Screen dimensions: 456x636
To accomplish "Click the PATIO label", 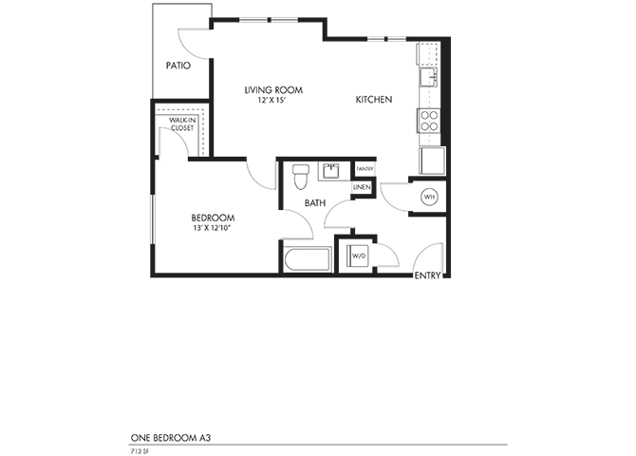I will click(178, 66).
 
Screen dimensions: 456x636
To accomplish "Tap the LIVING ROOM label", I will click(272, 90).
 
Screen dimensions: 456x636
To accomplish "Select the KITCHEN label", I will click(374, 100).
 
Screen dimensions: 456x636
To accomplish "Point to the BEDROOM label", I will click(213, 218).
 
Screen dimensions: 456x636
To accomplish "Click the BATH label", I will click(316, 202).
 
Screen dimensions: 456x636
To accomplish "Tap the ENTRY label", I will click(429, 275).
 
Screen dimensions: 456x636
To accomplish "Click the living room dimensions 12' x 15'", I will click(272, 99).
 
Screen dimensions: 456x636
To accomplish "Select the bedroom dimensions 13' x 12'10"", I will click(213, 227).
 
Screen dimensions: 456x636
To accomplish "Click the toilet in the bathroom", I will click(300, 175).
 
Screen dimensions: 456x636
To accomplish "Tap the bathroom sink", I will click(331, 172).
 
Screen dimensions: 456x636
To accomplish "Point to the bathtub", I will click(305, 260).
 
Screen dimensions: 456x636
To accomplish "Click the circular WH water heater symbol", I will click(429, 197).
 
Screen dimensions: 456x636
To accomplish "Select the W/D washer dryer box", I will click(359, 256).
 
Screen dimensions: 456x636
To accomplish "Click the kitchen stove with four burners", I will click(429, 121).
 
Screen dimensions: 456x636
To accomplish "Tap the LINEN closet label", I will click(362, 187).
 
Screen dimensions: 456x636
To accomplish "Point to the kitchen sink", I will click(430, 76).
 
